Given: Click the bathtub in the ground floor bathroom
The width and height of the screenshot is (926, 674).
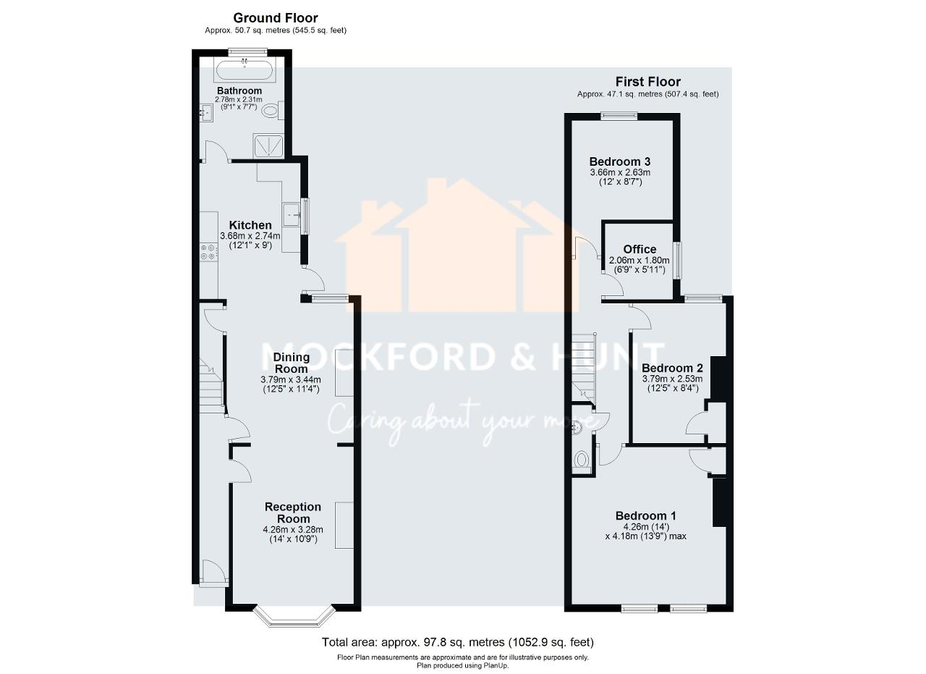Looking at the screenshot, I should click(244, 70).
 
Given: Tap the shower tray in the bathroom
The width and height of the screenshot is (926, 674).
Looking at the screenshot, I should click(268, 145).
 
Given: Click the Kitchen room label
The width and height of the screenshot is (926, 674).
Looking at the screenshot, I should click(250, 225).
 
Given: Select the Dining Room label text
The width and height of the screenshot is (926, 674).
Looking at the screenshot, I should click(291, 363).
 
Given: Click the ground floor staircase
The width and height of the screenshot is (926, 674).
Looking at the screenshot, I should click(211, 387).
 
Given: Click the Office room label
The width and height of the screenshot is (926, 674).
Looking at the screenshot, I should click(640, 250).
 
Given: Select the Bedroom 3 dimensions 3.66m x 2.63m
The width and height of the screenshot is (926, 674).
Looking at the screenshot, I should click(620, 172).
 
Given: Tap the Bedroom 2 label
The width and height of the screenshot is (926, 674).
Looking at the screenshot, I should click(672, 368).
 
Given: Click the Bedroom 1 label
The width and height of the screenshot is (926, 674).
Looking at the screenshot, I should click(646, 515).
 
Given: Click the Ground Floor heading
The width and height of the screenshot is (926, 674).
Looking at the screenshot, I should click(275, 18).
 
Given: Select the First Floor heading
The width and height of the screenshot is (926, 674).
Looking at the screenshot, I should click(647, 82).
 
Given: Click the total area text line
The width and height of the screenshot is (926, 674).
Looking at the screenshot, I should click(457, 642).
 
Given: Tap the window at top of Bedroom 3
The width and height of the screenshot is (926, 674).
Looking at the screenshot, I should click(619, 115).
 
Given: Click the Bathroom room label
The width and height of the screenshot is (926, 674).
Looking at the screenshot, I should click(239, 90).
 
